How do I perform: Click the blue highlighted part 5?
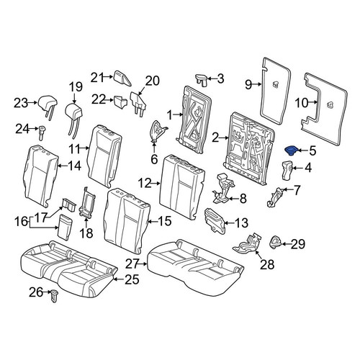tap(291, 151)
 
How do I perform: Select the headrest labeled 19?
tap(74, 117)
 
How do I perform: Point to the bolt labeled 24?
tap(42, 132)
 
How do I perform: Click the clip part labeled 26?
tap(54, 296)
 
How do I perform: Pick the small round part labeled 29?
tap(276, 242)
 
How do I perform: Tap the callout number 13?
tap(241, 223)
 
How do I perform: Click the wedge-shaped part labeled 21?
tap(122, 78)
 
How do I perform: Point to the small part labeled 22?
tap(120, 101)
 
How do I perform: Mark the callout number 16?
tap(21, 221)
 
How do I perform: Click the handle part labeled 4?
tap(287, 171)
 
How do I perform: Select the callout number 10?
tap(302, 103)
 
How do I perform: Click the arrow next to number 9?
tap(256, 84)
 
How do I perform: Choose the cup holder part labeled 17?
tap(68, 204)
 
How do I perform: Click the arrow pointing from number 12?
tap(156, 184)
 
